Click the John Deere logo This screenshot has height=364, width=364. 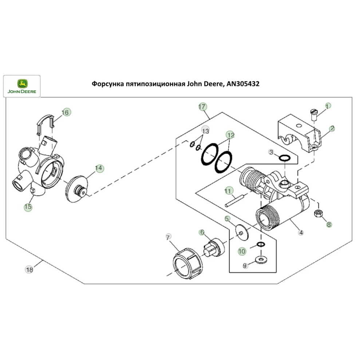click(22, 86)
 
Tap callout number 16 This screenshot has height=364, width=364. click(66, 112)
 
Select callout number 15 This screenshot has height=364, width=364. click(28, 207)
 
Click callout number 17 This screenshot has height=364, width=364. click(202, 107)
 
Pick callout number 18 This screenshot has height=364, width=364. click(29, 270)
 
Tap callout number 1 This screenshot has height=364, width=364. click(328, 106)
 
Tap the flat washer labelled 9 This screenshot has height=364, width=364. click(260, 259)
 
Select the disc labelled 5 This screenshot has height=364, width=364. click(241, 229)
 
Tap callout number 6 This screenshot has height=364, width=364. click(202, 232)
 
